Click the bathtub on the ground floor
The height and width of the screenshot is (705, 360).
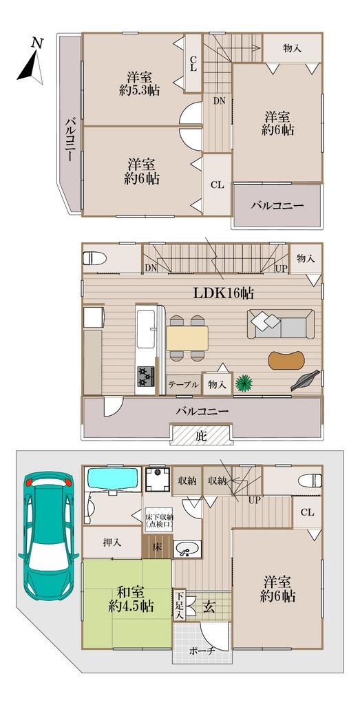pos(111,479)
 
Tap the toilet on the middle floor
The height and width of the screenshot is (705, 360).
pos(93,260)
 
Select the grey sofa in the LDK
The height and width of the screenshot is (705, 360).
pos(280,323)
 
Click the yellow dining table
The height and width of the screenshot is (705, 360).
pos(187,338)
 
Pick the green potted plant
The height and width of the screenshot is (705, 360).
pos(243,383)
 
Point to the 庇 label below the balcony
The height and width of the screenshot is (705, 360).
pos(200,435)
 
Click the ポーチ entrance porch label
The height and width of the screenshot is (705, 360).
pos(202,651)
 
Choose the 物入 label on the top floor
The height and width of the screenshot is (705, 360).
pos(293,48)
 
